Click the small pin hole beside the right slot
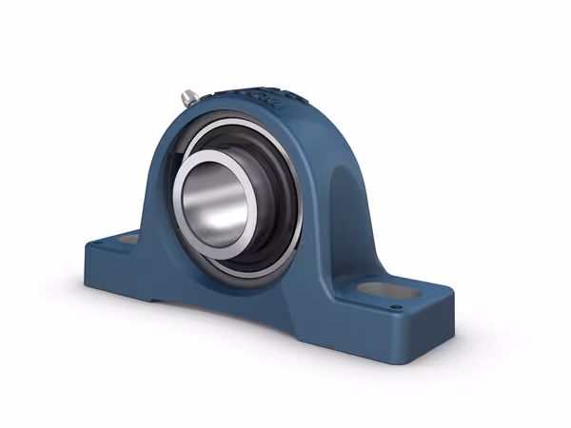point(396,306)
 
